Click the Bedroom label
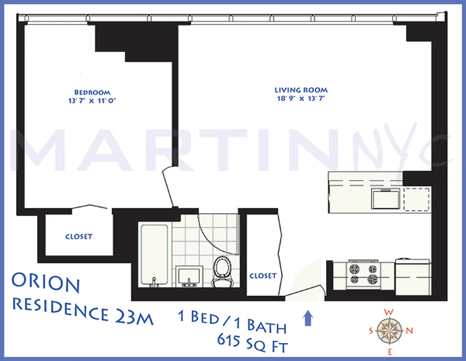(x=92, y=92)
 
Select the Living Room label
(x=301, y=90)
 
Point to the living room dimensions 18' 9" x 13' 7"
(x=301, y=98)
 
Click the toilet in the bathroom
(x=221, y=271)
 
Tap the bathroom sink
(x=186, y=276)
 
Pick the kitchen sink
(x=385, y=199)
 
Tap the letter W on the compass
(x=387, y=311)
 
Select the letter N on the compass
(x=410, y=330)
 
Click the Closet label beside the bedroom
(x=79, y=236)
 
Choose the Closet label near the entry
(x=262, y=276)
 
